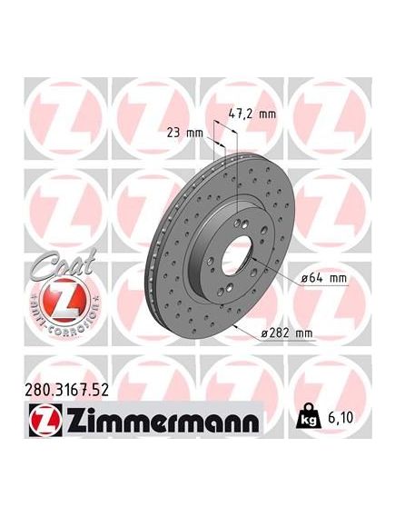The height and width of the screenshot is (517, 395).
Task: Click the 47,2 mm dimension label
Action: click(x=252, y=114)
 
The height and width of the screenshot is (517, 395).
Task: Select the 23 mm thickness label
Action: click(x=184, y=133)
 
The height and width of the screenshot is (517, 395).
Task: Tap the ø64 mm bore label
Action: click(x=324, y=278)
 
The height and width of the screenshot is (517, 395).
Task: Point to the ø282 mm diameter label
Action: click(x=286, y=333)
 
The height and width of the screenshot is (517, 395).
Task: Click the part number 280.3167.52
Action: click(x=67, y=390)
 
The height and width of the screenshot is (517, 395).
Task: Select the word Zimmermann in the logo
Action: click(x=163, y=421)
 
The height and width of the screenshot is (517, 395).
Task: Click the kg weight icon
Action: click(x=309, y=416)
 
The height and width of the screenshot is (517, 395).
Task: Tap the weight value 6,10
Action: click(x=341, y=417)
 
